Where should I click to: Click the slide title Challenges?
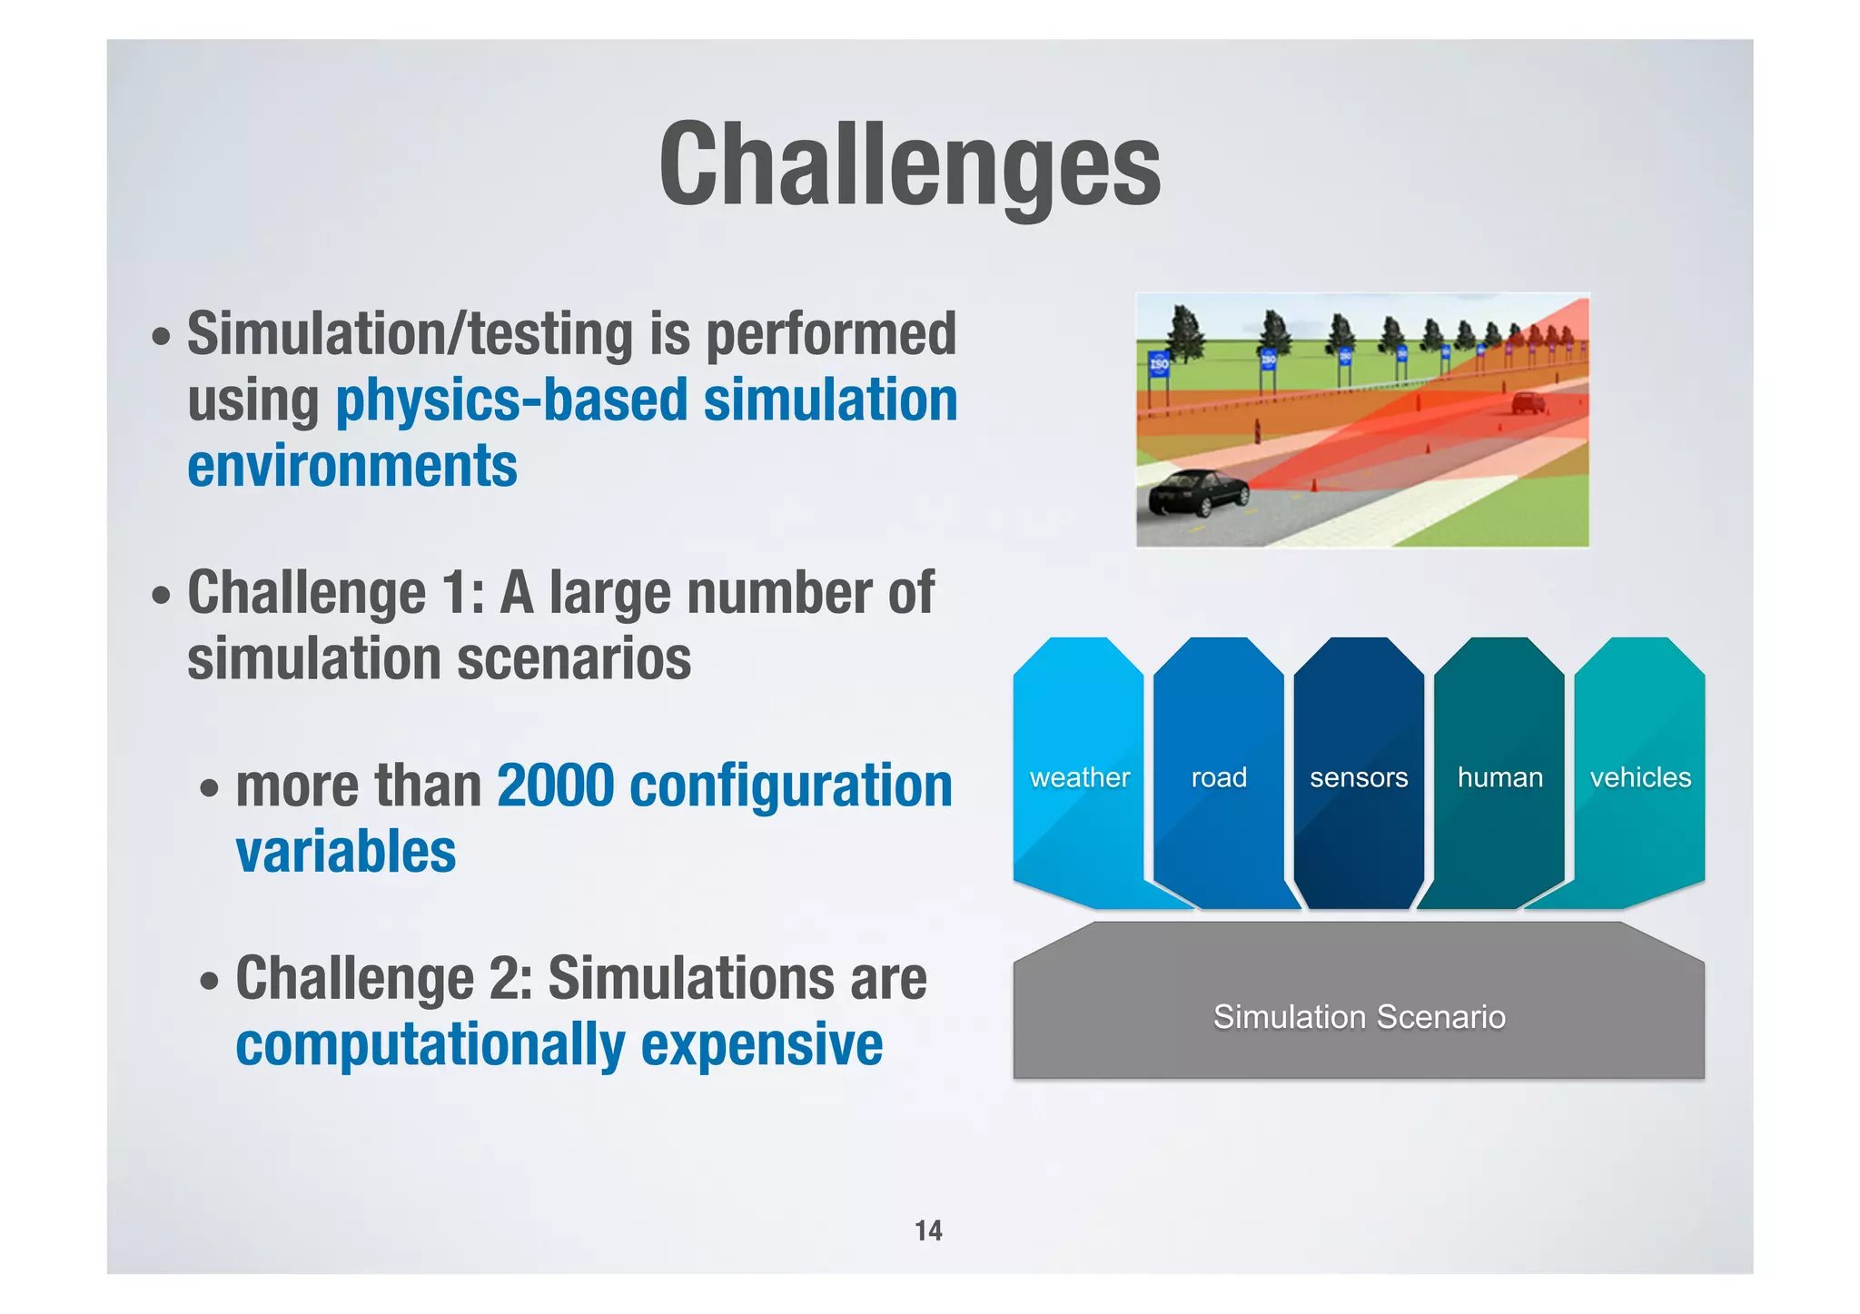(x=909, y=166)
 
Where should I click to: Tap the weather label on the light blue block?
(x=1079, y=777)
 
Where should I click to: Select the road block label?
(x=1218, y=777)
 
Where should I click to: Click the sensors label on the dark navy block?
(x=1358, y=777)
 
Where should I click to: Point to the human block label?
(x=1499, y=777)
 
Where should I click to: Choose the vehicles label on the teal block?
(x=1639, y=777)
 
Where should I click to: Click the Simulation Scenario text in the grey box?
(x=1359, y=1017)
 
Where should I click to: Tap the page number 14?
(x=928, y=1230)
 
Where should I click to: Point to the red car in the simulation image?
(x=1528, y=402)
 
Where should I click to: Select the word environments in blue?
(x=352, y=466)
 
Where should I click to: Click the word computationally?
(x=430, y=1044)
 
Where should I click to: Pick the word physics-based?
(x=511, y=400)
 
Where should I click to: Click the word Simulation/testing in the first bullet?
(x=410, y=334)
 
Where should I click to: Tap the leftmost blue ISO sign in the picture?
(x=1159, y=365)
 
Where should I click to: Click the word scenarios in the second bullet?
(x=574, y=658)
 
